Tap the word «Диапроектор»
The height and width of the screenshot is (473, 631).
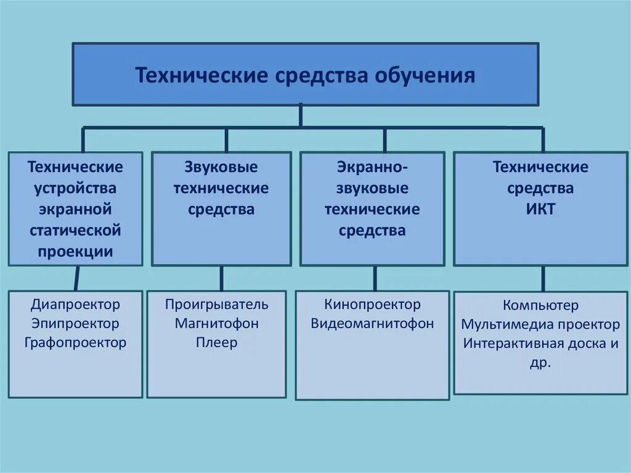tap(75, 304)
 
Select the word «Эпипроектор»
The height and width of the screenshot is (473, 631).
tap(75, 323)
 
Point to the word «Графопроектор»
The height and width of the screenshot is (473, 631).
tap(75, 342)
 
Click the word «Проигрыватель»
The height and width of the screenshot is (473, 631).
tap(216, 304)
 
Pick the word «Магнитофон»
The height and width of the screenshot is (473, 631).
tap(216, 323)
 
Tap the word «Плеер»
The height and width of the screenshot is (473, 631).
tap(216, 342)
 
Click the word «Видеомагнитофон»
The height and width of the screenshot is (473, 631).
tap(372, 323)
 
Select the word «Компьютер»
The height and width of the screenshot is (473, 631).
tap(540, 305)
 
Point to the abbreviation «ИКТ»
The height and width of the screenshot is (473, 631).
tap(540, 209)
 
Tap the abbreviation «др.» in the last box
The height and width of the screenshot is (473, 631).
tap(540, 363)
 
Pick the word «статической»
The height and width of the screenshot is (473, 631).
tap(75, 230)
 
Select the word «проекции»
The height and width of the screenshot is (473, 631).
tap(75, 251)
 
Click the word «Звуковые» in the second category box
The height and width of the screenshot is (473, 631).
tap(221, 167)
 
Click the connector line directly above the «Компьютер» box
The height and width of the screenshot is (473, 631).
tap(543, 279)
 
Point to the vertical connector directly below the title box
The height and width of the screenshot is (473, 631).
tap(301, 116)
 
